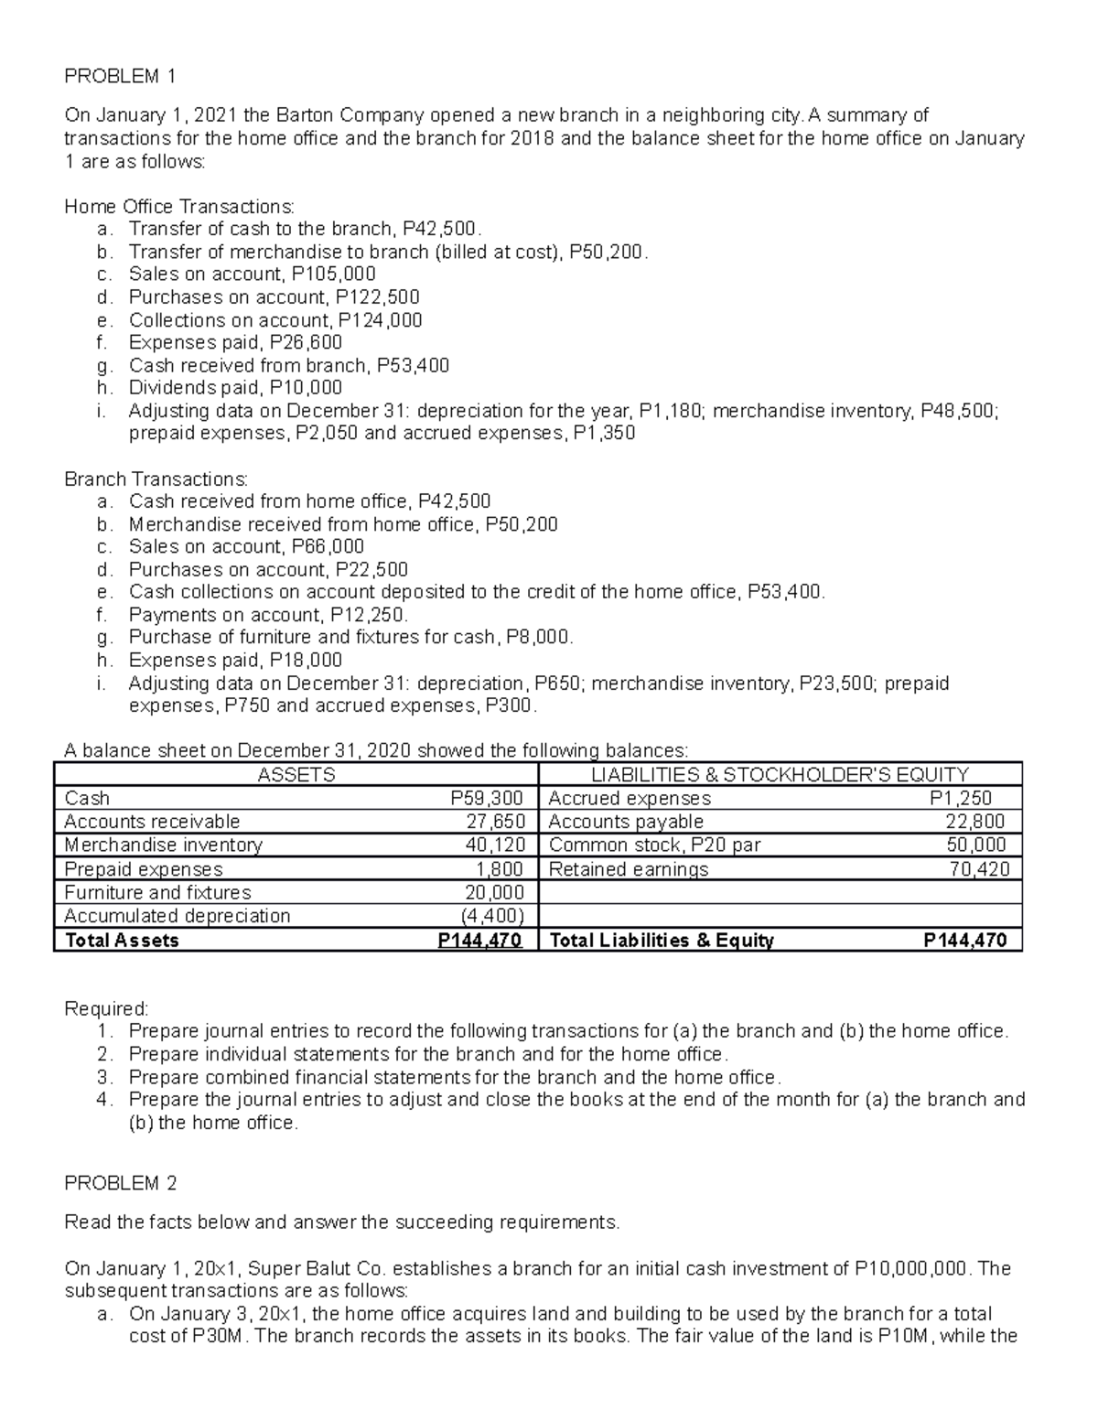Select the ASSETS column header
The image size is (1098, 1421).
[x=296, y=775]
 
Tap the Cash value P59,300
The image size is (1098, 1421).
[x=488, y=798]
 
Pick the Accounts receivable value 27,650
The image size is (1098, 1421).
[x=495, y=822]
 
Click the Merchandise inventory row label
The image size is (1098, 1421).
[x=163, y=845]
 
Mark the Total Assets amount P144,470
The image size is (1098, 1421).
[x=480, y=941]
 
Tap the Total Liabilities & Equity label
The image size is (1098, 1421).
[x=661, y=941]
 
